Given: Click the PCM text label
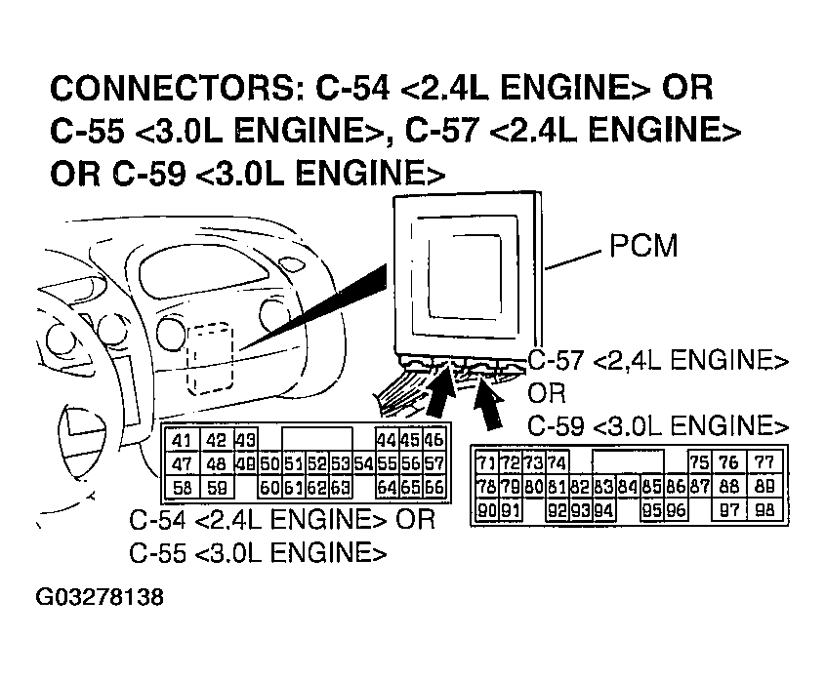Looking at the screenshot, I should [x=642, y=246].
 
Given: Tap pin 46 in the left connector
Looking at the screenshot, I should [x=434, y=440].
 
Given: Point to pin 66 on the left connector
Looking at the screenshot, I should [x=434, y=485].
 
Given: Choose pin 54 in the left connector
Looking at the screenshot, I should [x=363, y=462].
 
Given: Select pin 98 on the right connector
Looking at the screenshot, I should [x=764, y=508].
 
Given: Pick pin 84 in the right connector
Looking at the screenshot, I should [x=627, y=485].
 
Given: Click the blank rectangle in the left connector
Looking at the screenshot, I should [x=317, y=439].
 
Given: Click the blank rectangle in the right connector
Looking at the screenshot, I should [x=630, y=461].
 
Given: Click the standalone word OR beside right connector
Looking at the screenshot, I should [x=545, y=393].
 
